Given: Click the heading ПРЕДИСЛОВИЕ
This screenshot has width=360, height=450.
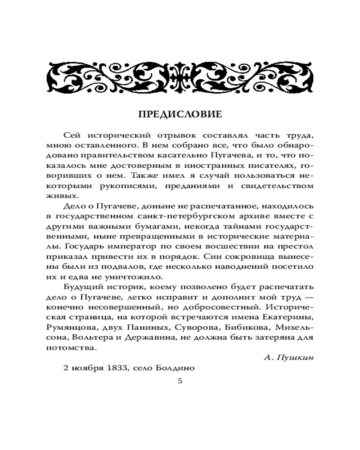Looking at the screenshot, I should coord(180,114).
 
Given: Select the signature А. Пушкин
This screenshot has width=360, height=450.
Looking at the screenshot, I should coord(288,358).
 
